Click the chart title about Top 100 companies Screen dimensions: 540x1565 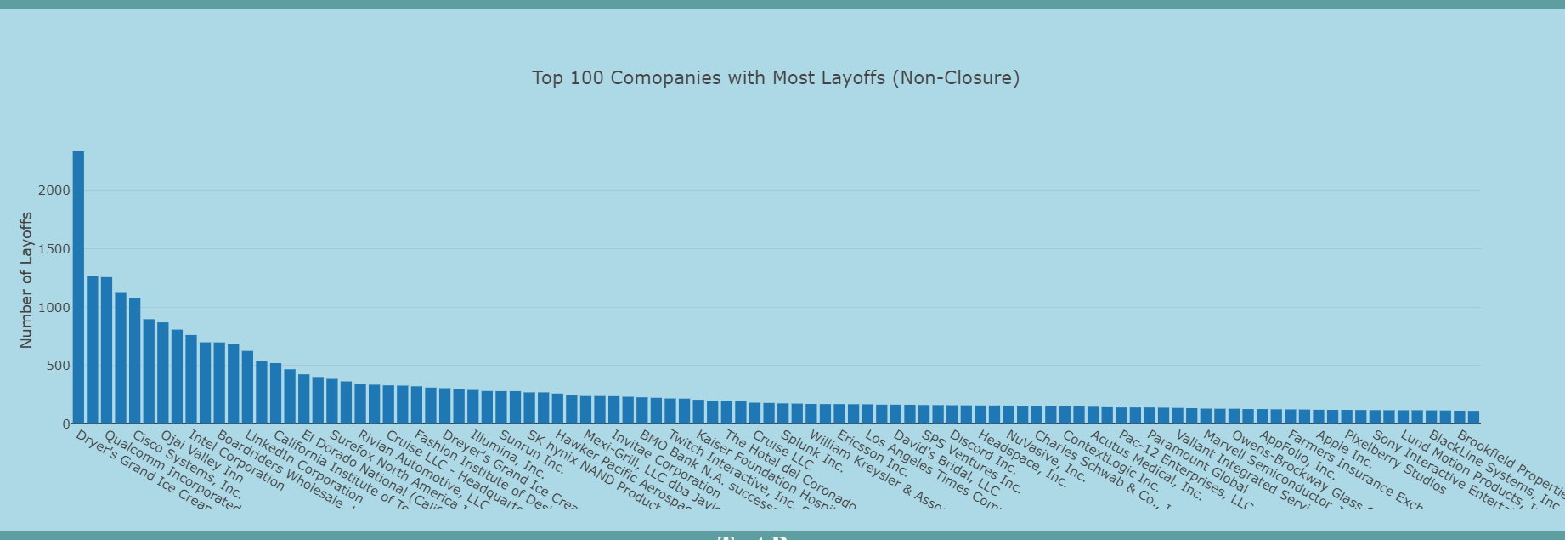[775, 78]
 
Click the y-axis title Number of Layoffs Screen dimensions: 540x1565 [26, 280]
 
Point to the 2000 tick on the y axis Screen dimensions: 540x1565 [54, 190]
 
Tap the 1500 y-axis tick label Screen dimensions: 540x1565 [54, 249]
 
